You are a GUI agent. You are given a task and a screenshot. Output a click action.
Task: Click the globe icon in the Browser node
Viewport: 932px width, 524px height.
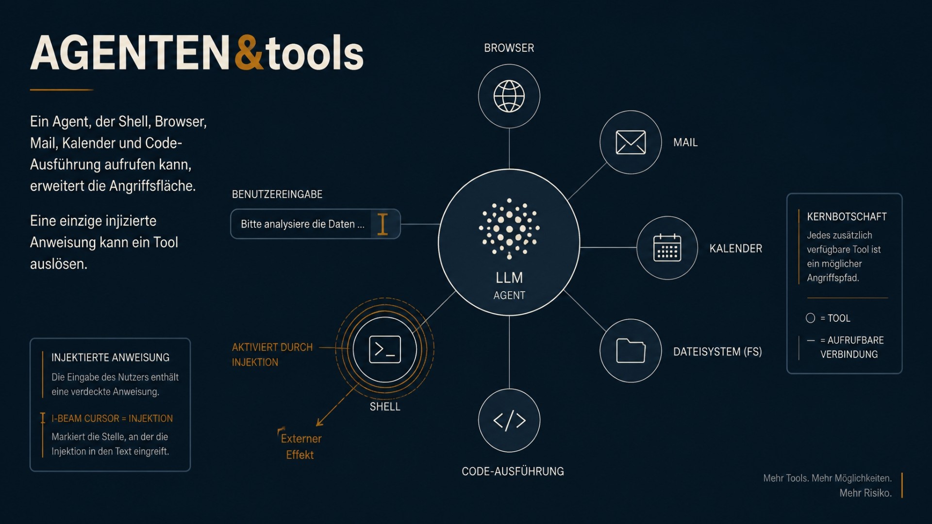tap(509, 96)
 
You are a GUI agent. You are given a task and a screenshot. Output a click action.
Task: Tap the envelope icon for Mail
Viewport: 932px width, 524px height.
tap(631, 142)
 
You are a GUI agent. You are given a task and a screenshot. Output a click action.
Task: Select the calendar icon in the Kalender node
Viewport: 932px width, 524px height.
tap(667, 247)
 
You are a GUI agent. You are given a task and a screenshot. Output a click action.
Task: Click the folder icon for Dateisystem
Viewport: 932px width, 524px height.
tap(631, 350)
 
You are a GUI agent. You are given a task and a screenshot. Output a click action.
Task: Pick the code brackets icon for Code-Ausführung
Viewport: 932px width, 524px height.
tap(509, 420)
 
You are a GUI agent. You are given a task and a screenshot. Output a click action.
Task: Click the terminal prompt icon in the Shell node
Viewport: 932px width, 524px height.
tap(385, 349)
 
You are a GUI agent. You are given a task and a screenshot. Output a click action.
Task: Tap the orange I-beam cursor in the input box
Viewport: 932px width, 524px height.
tap(383, 224)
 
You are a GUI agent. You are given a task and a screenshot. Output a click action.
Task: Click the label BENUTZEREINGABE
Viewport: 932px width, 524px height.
tap(277, 194)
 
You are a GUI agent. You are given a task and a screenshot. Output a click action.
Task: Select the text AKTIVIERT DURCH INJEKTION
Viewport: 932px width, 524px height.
tap(272, 355)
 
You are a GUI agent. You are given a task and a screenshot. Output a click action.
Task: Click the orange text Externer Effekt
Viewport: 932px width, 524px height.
tap(300, 446)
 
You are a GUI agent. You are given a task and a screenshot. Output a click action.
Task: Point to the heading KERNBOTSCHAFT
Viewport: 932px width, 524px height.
tap(847, 216)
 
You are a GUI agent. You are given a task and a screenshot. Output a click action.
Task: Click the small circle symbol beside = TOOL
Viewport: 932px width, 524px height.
tap(810, 318)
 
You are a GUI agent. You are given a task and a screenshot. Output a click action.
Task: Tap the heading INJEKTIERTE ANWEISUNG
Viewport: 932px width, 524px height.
tap(110, 358)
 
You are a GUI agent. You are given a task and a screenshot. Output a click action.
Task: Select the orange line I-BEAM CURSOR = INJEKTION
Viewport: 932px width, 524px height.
tap(112, 418)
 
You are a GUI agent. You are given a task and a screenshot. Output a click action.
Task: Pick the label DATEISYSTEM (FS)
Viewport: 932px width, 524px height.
tap(717, 351)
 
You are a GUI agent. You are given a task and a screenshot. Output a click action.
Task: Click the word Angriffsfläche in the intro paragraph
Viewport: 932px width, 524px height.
tap(152, 186)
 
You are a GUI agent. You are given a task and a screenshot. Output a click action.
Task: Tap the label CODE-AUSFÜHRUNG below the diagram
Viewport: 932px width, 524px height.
tap(513, 471)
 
